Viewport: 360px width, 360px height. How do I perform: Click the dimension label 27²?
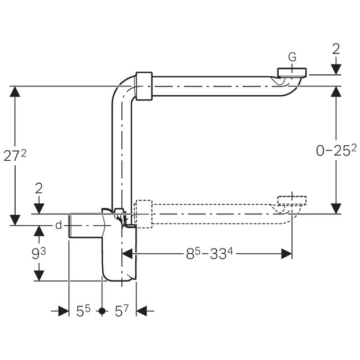coord(15,156)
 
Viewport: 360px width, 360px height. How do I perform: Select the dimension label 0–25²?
coord(336,150)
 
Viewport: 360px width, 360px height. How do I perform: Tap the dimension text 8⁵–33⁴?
coord(209,254)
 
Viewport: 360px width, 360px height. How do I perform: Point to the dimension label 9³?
coord(38,254)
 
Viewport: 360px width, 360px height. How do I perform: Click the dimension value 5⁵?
coord(83,311)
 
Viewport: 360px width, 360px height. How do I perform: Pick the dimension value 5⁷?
coord(122,311)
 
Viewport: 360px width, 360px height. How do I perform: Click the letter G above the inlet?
coord(292,57)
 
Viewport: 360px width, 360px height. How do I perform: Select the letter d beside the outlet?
coord(59,225)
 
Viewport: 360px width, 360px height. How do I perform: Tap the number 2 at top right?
coord(336,49)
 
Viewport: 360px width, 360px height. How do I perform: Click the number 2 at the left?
coord(39,189)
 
